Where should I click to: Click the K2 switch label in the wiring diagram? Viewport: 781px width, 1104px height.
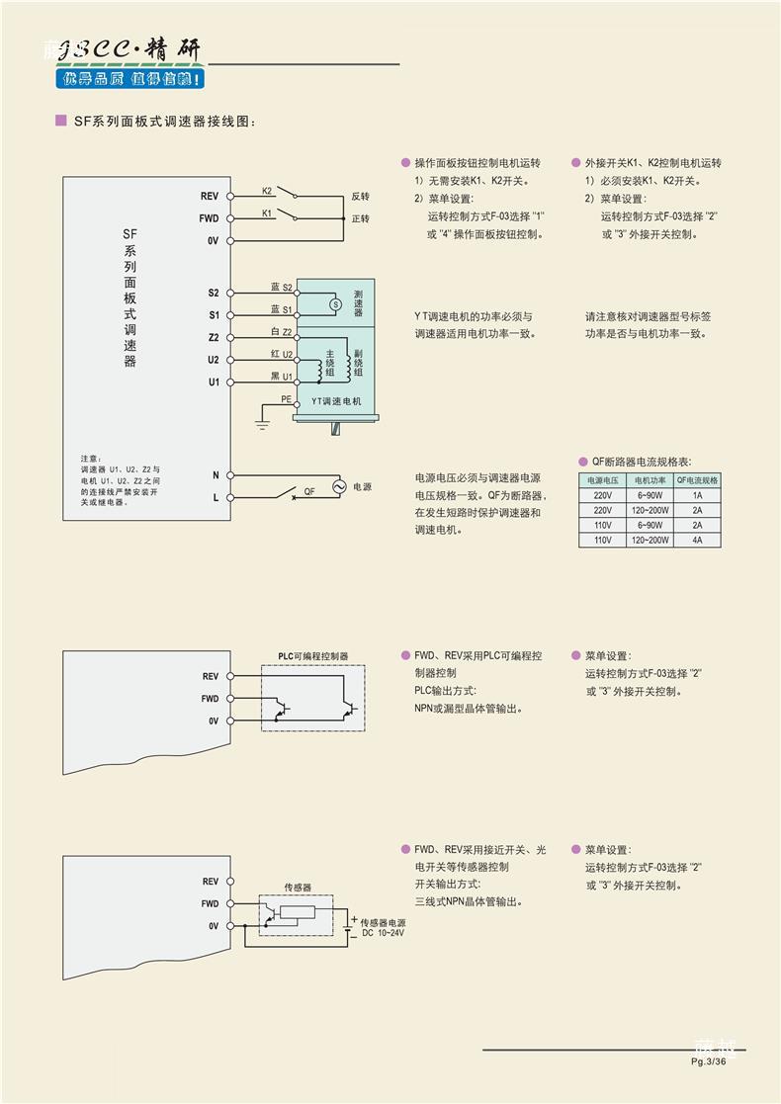pos(267,190)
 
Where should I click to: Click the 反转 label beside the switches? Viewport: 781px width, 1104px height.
pos(360,197)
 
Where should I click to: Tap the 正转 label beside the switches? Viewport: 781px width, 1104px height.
pos(360,218)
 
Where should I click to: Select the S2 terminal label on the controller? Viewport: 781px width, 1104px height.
pos(214,294)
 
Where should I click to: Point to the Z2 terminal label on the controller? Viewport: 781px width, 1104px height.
pos(214,338)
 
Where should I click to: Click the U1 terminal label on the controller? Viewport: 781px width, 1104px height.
pos(214,382)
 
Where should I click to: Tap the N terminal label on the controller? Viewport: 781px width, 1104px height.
pos(216,475)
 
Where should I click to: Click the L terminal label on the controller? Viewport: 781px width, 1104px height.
pos(216,497)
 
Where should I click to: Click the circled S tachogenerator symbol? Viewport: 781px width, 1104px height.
pos(334,304)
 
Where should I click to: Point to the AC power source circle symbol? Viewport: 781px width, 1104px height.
pos(337,487)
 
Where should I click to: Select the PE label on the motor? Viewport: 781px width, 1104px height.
pos(286,399)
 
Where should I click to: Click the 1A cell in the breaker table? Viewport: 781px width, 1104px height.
pos(697,495)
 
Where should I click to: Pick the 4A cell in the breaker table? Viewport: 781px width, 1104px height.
pos(697,540)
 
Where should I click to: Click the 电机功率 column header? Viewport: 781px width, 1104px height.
pos(651,480)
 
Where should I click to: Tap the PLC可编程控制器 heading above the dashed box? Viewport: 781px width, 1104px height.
pos(312,656)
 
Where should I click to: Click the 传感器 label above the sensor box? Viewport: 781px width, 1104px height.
pos(298,888)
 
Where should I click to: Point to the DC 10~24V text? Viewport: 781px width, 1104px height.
pos(383,933)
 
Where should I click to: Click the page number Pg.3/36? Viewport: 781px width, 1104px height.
pos(709,1062)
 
